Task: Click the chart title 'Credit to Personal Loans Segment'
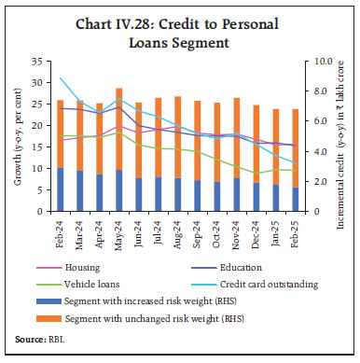(180, 29)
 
